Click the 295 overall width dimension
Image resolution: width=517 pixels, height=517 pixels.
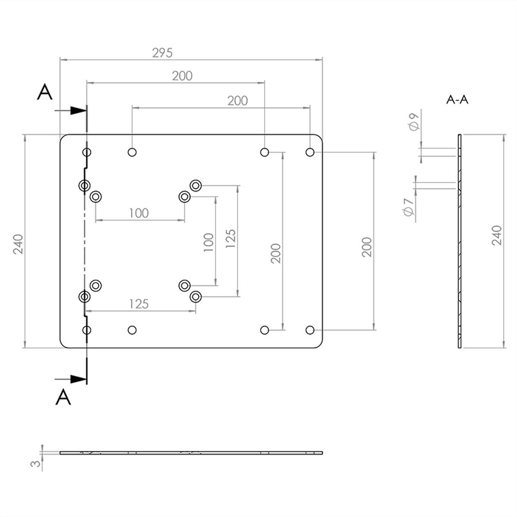pos(162,53)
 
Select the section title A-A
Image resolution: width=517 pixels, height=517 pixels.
pos(457,100)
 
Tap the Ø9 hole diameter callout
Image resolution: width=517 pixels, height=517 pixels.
pos(414,121)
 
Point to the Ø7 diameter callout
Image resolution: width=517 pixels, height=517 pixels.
pos(408,207)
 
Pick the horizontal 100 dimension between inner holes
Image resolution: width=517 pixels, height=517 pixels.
pos(139,213)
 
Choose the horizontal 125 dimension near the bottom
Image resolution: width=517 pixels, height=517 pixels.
pos(139,304)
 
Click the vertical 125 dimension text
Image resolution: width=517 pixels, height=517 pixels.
pos(230,239)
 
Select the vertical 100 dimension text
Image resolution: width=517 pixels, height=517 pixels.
pos(209,242)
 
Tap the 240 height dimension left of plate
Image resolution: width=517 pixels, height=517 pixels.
pos(19,244)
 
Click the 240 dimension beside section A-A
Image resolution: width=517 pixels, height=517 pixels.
pos(497,235)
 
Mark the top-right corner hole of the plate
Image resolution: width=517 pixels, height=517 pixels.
pos(310,152)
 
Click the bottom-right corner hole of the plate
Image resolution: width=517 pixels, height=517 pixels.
pos(310,330)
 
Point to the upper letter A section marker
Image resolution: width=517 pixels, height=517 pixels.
pos(44,92)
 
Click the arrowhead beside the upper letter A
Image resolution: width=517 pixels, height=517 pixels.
pos(78,110)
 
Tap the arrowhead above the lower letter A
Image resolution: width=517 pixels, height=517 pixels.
pos(78,379)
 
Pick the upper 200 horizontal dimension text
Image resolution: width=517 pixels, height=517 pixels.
pos(182,76)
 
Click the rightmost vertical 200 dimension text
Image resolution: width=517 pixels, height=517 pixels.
pos(367,247)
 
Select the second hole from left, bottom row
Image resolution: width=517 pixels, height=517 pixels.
pos(132,330)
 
